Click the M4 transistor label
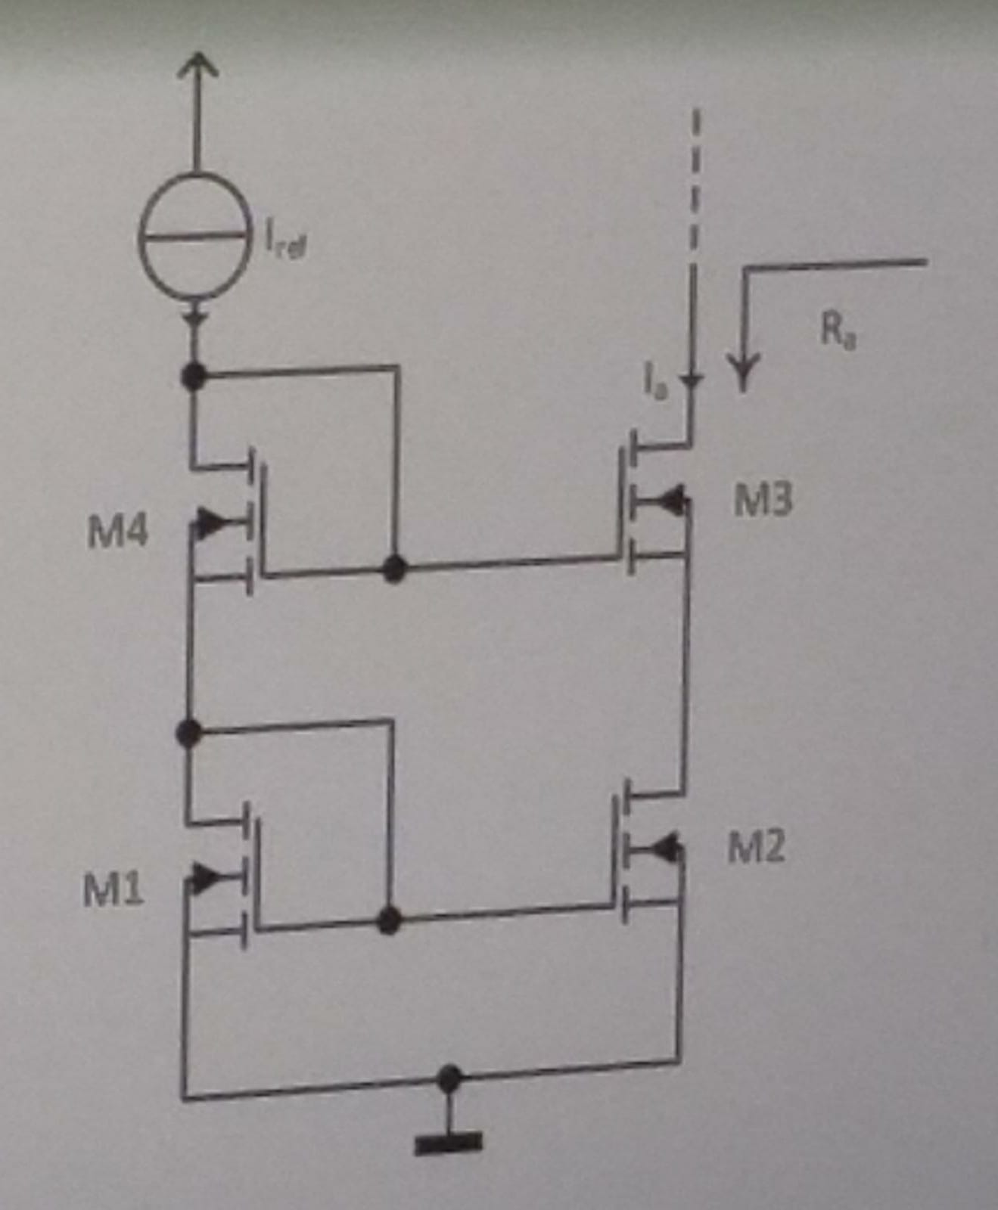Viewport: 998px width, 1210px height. pyautogui.click(x=117, y=532)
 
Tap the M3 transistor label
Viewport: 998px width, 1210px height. pyautogui.click(x=763, y=500)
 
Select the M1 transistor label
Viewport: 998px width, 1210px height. pyautogui.click(x=113, y=890)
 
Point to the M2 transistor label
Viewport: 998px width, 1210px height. pyautogui.click(x=755, y=846)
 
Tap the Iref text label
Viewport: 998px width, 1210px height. pyautogui.click(x=286, y=244)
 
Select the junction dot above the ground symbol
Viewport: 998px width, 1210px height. pyautogui.click(x=449, y=1078)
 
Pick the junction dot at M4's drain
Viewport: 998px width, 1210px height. pyautogui.click(x=195, y=375)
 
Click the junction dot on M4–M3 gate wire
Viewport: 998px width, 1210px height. pyautogui.click(x=394, y=568)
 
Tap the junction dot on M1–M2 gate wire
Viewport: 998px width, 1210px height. pyautogui.click(x=389, y=920)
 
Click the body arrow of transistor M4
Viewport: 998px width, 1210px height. pyautogui.click(x=213, y=521)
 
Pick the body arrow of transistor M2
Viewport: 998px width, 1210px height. pyautogui.click(x=667, y=849)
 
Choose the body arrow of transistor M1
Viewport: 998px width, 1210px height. pyautogui.click(x=207, y=877)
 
